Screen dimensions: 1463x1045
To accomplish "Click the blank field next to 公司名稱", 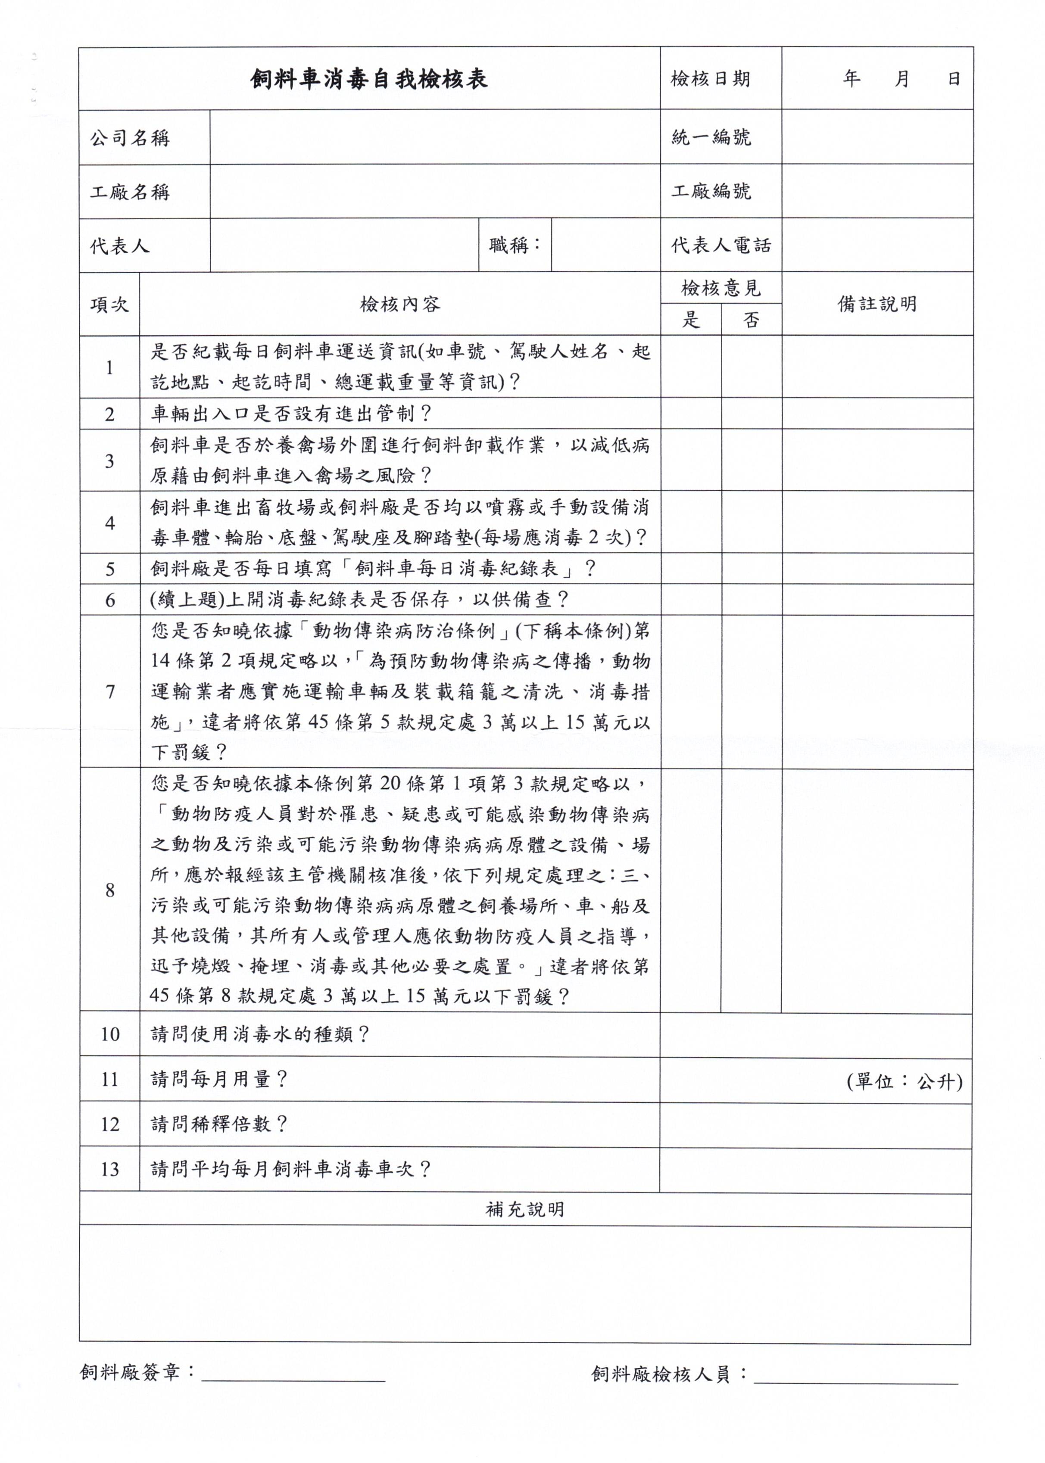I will click(x=434, y=137).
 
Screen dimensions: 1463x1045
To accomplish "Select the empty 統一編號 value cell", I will click(x=877, y=137).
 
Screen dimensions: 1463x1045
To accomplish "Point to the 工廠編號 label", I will click(x=711, y=191).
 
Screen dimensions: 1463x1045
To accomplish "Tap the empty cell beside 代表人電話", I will click(x=877, y=245).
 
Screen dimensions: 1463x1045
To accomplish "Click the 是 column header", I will click(x=690, y=320).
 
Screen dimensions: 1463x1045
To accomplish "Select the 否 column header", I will click(x=751, y=320).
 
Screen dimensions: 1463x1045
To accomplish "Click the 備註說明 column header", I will click(x=877, y=304).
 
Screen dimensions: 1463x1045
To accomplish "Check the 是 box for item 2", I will click(x=690, y=414).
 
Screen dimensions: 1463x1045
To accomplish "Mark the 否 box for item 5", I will click(x=751, y=569).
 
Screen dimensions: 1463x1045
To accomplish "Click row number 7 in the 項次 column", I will click(x=109, y=691).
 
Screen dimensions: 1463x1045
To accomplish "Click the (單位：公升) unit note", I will click(x=904, y=1081).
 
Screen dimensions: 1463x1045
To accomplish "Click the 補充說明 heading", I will click(x=524, y=1210).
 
